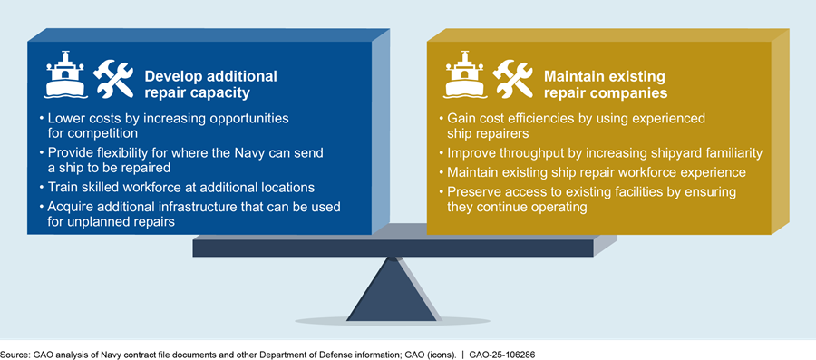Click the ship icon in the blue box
[x=65, y=74]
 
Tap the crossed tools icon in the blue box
[x=112, y=79]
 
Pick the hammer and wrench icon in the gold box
[x=512, y=79]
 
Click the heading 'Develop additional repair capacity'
[x=210, y=85]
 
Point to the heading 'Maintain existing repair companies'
[x=607, y=85]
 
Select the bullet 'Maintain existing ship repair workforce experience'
[x=593, y=171]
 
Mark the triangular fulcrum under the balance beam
[x=392, y=289]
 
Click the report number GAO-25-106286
[x=501, y=355]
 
